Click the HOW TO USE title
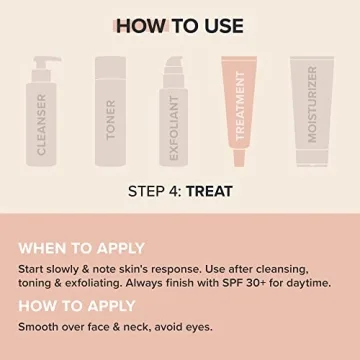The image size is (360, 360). (x=180, y=26)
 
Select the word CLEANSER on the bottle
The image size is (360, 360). (x=41, y=125)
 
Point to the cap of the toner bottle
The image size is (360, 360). (x=110, y=68)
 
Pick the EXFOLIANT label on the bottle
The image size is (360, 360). (x=174, y=128)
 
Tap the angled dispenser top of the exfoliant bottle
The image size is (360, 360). (x=174, y=62)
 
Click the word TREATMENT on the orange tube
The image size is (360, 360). (x=240, y=106)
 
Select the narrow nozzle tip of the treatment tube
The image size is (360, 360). (x=239, y=158)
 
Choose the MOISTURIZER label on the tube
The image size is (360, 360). (x=312, y=104)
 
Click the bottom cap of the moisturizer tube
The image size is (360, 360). (x=312, y=158)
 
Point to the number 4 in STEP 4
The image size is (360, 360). (x=171, y=191)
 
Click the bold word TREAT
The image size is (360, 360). (x=209, y=191)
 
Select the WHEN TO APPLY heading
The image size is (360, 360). (x=81, y=249)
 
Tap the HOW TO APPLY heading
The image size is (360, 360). (x=77, y=306)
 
